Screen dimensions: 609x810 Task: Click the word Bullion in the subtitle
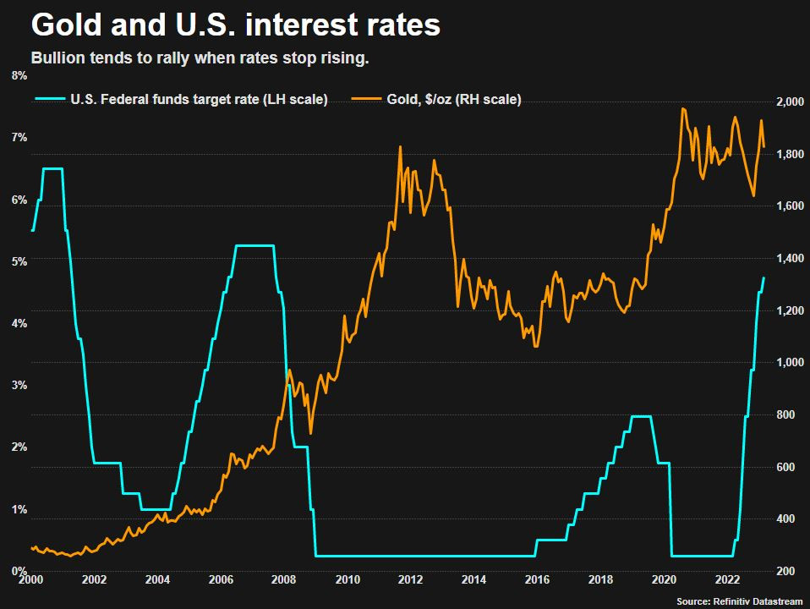tap(57, 58)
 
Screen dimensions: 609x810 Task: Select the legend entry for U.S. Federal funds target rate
tap(195, 100)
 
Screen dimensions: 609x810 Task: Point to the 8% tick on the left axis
tap(18, 76)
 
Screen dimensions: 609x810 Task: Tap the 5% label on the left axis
tap(18, 261)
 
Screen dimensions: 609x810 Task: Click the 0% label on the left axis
tap(18, 572)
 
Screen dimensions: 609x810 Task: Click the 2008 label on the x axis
tap(283, 580)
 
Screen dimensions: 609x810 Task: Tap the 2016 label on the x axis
tap(537, 580)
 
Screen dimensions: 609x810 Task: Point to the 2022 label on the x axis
tap(728, 580)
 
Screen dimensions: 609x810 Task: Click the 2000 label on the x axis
tap(30, 580)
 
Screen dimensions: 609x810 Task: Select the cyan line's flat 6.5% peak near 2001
tap(52, 169)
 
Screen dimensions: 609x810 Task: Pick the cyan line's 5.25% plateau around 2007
tap(254, 246)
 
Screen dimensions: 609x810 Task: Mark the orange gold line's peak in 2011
tap(400, 147)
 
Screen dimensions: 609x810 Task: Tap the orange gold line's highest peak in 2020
tap(682, 108)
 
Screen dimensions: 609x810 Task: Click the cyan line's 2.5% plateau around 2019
tap(642, 416)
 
